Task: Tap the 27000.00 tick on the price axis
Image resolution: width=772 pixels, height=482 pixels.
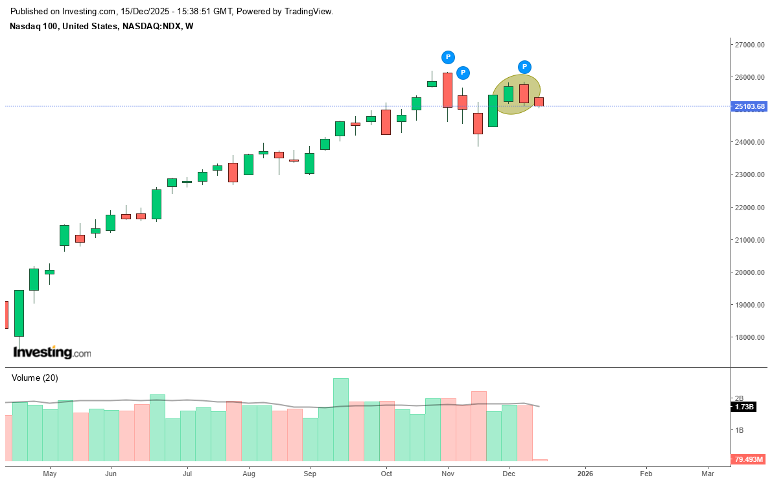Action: (749, 45)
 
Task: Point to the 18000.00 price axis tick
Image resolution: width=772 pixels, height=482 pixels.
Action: (749, 337)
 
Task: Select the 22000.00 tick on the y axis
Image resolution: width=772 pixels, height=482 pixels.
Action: (749, 208)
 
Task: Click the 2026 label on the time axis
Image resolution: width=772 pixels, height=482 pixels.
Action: (585, 474)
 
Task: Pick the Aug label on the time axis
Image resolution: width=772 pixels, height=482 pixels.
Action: (248, 474)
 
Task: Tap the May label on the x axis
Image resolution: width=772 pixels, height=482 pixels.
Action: (50, 474)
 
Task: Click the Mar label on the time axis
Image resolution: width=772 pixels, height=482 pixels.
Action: (708, 474)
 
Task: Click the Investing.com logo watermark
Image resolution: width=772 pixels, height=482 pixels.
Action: (52, 353)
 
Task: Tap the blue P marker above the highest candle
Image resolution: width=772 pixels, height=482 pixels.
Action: (448, 57)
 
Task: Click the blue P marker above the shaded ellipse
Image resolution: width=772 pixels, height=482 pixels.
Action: (524, 66)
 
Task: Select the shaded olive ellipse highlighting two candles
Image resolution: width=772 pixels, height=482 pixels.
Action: (516, 95)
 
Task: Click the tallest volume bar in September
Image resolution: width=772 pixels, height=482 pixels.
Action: (341, 419)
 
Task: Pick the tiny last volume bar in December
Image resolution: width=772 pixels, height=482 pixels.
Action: (540, 460)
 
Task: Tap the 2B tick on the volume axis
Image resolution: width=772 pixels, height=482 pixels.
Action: (738, 398)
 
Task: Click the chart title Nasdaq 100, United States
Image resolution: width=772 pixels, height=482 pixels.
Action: (64, 26)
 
